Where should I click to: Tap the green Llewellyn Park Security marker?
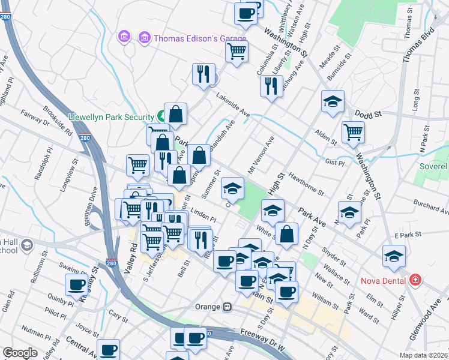[161, 116]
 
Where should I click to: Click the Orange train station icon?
[227, 307]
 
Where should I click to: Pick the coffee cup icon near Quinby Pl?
[77, 284]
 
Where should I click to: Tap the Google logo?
[20, 353]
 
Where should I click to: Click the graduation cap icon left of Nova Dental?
[394, 256]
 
